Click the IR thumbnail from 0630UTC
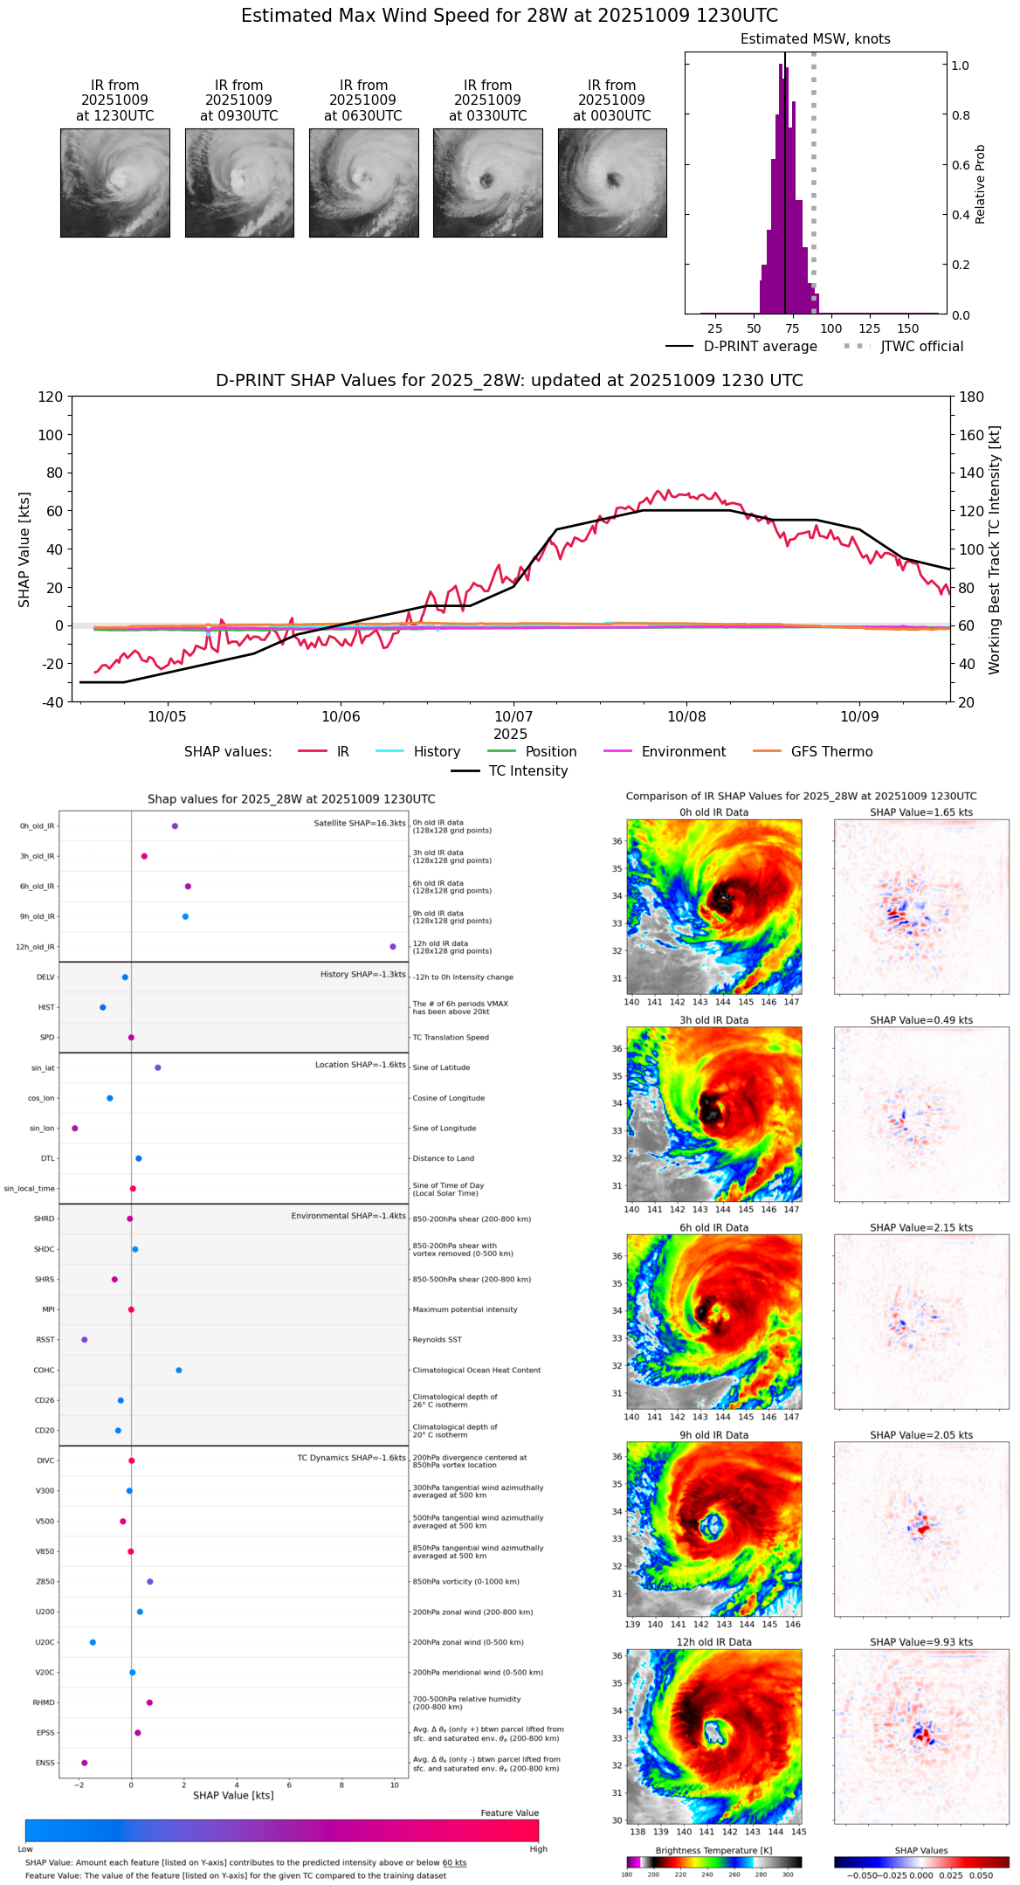(x=363, y=183)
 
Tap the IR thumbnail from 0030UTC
(x=612, y=183)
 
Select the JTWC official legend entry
(x=921, y=347)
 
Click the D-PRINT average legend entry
(x=760, y=347)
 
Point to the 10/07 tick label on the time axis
(x=513, y=717)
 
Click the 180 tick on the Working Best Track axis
(x=972, y=397)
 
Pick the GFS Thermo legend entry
(x=831, y=752)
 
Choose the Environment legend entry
(x=683, y=752)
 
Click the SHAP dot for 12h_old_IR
(x=393, y=947)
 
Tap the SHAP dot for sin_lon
(x=75, y=1129)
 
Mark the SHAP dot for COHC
(x=179, y=1371)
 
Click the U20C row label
(x=45, y=1642)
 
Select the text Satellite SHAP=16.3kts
(x=360, y=824)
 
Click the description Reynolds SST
(x=437, y=1340)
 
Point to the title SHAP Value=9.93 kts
(x=921, y=1642)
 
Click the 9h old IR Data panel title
(x=713, y=1435)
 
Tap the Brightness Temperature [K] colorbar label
(x=713, y=1850)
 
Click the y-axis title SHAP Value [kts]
(x=24, y=549)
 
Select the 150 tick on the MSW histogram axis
(x=908, y=328)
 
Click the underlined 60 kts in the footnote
(x=454, y=1863)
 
